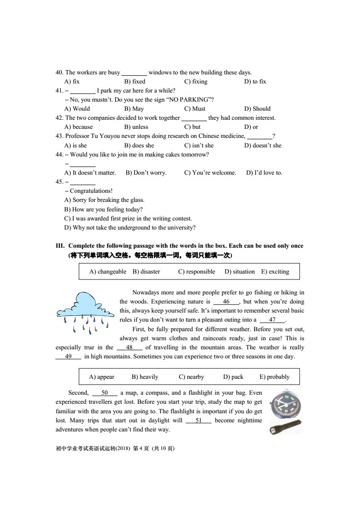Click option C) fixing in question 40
pyautogui.click(x=196, y=82)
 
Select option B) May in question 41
pyautogui.click(x=134, y=109)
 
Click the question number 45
pyautogui.click(x=59, y=182)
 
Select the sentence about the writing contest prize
pyautogui.click(x=128, y=218)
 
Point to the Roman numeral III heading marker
pyautogui.click(x=60, y=246)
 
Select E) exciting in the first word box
pyautogui.click(x=275, y=272)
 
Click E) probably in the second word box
pyautogui.click(x=274, y=377)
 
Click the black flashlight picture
pyautogui.click(x=286, y=427)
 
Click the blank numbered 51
pyautogui.click(x=198, y=421)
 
